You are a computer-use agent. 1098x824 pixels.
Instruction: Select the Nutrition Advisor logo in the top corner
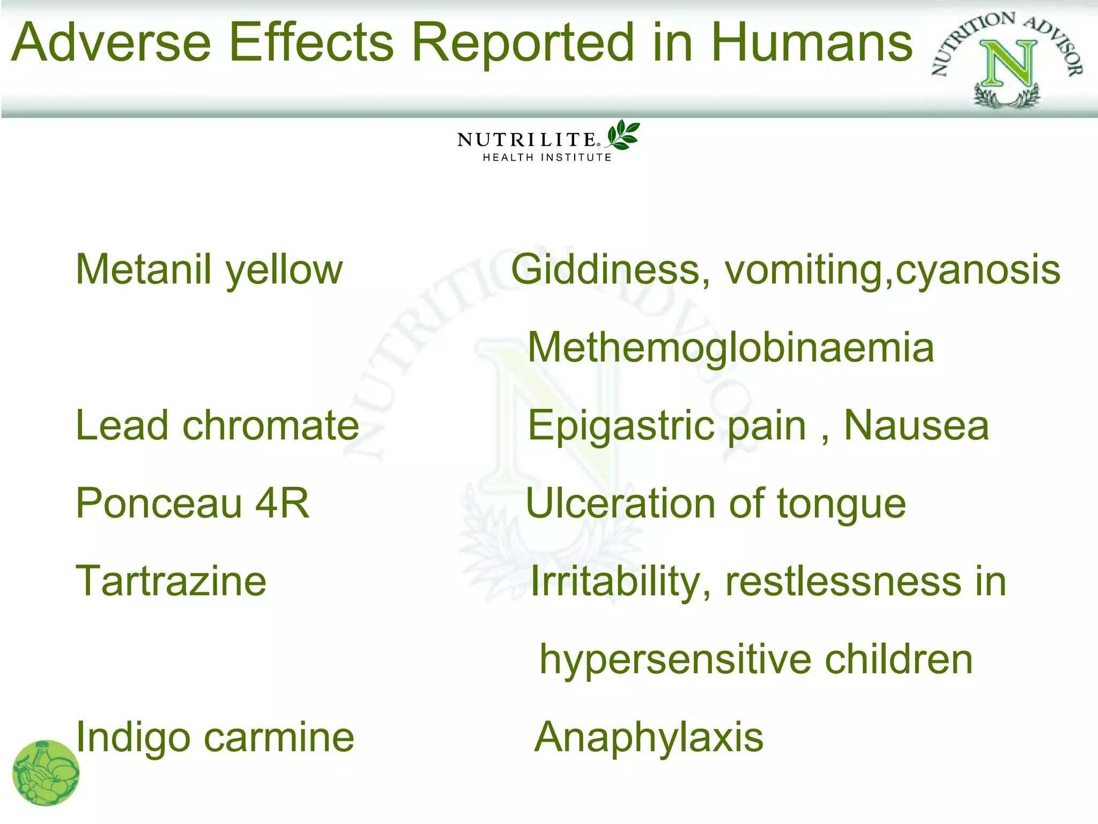[x=1007, y=59]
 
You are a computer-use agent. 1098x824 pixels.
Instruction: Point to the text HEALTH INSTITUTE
[x=547, y=158]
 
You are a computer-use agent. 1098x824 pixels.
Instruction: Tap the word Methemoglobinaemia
[x=731, y=347]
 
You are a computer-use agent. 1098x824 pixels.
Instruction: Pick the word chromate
[x=271, y=425]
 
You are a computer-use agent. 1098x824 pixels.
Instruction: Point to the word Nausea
[x=916, y=425]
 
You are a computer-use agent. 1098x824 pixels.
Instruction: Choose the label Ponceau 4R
[x=192, y=503]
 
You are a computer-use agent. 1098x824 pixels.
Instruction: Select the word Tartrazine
[x=171, y=581]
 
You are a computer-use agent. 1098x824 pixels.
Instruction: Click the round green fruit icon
[x=46, y=772]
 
